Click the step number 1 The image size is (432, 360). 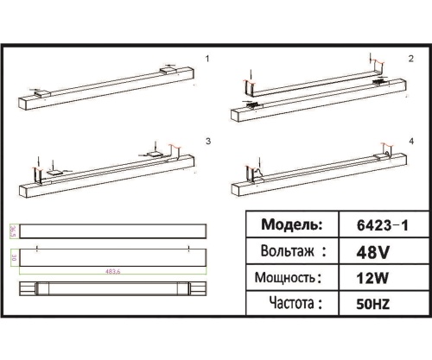(208, 59)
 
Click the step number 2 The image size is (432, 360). (411, 59)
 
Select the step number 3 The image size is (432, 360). (208, 140)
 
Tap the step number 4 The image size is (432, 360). (411, 140)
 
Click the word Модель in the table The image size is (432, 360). (287, 224)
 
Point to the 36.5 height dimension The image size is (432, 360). (12, 231)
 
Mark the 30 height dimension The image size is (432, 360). (12, 258)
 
